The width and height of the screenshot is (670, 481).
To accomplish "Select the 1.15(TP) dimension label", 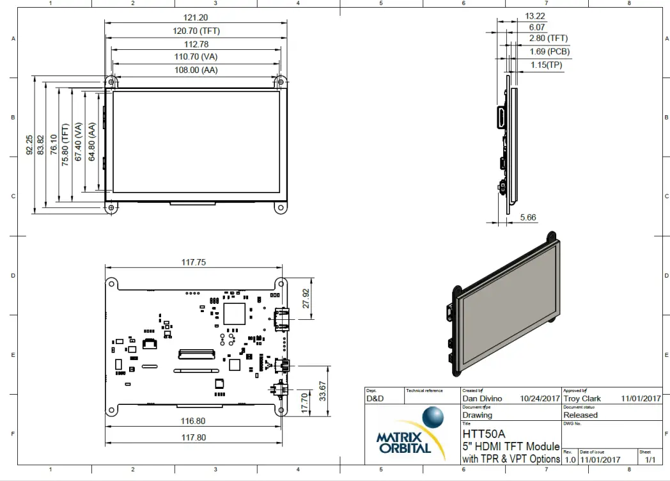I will (546, 65).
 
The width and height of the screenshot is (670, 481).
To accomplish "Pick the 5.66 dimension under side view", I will (528, 217).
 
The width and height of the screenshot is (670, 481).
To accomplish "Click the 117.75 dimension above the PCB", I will (194, 262).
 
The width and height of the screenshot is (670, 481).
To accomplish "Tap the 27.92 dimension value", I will (305, 297).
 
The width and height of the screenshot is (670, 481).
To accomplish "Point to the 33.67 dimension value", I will (322, 390).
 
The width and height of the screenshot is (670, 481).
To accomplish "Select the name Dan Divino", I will (482, 398).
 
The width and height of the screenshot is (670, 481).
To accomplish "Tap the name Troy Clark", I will (582, 398).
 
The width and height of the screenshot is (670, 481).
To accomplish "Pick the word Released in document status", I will (580, 415).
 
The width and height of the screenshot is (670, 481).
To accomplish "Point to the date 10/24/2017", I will (540, 398).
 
